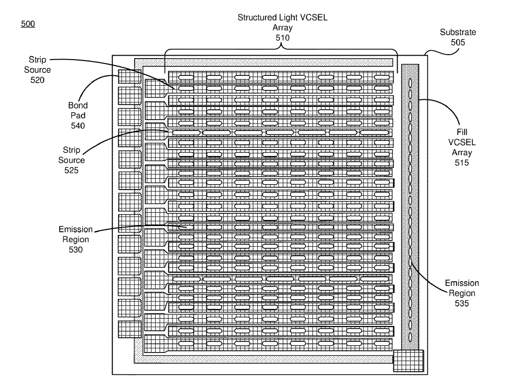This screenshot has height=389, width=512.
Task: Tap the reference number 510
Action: pyautogui.click(x=282, y=37)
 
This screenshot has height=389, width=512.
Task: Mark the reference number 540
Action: pyautogui.click(x=78, y=126)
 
